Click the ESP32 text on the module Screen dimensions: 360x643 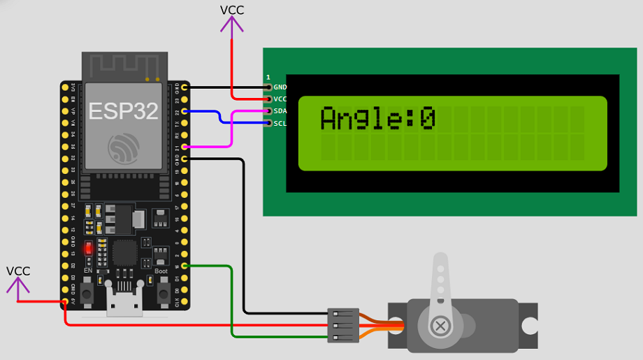[123, 110]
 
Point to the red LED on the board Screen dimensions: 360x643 [89, 249]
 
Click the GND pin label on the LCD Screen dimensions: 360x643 [280, 87]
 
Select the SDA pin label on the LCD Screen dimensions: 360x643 [280, 111]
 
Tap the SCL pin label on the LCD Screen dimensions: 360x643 [280, 124]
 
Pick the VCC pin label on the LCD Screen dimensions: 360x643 [280, 99]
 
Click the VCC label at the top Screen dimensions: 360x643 [232, 10]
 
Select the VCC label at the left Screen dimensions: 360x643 [18, 271]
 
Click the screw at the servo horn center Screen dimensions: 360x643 [441, 326]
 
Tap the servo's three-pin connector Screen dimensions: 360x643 [343, 326]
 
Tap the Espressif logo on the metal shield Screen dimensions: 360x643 [123, 148]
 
